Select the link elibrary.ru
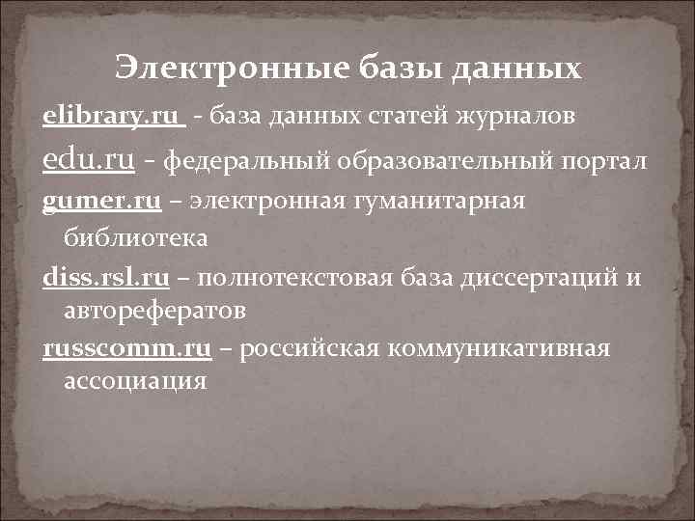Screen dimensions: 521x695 [x=111, y=116]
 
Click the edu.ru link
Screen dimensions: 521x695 [x=89, y=160]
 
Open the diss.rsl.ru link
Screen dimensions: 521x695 [x=106, y=280]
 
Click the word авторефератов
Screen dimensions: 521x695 [x=154, y=312]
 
